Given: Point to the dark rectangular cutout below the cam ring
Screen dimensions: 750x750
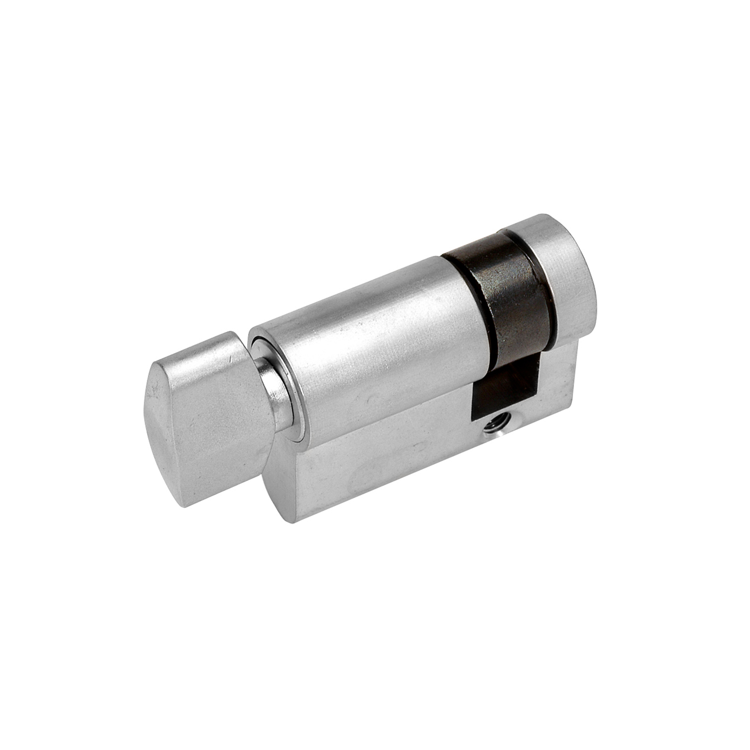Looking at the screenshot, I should click(501, 388).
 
